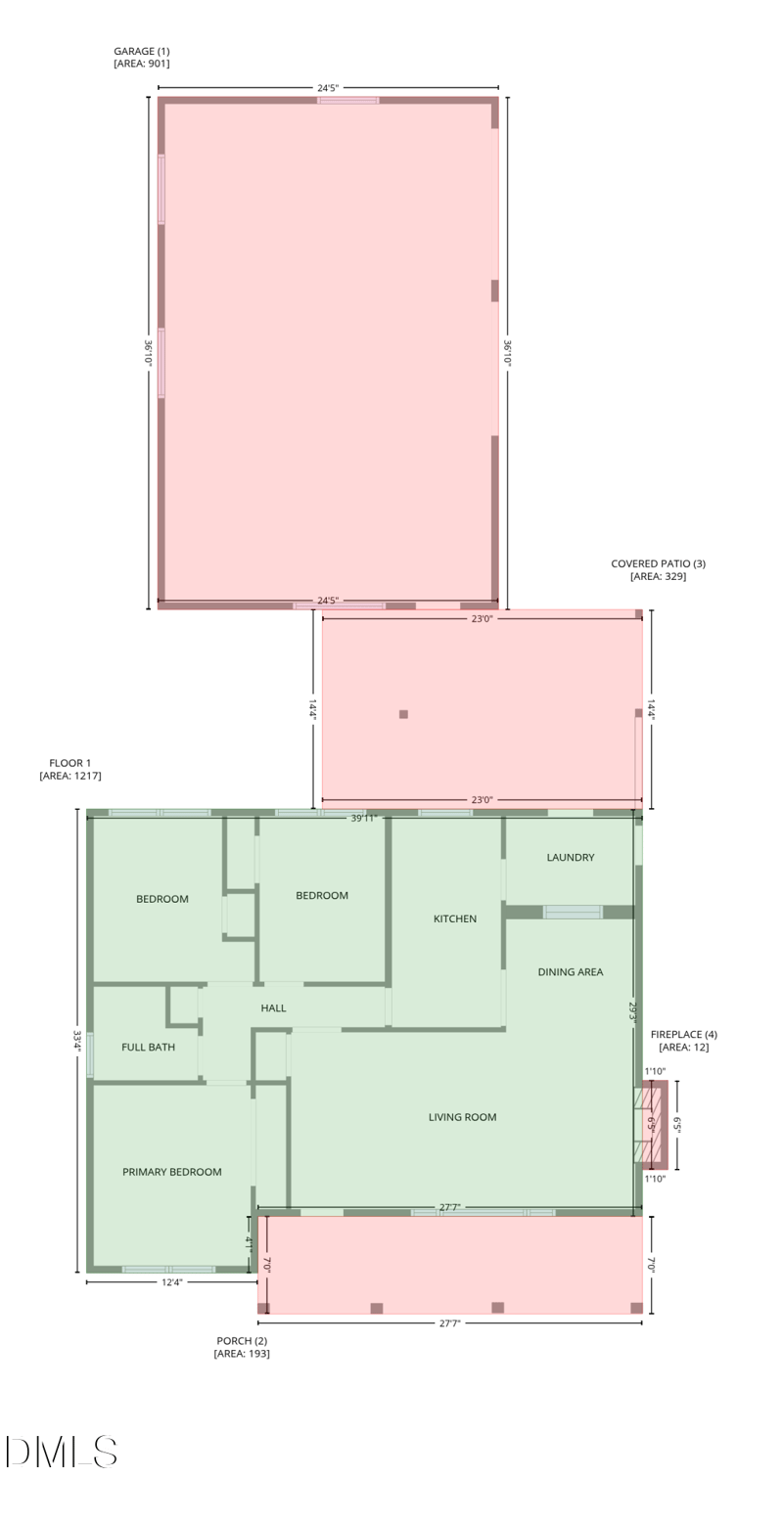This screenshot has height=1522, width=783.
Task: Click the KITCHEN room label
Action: point(455,918)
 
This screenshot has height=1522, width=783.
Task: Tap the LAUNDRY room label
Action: point(571,857)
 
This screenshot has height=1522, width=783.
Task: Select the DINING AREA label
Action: point(571,971)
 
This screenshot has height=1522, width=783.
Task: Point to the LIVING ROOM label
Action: point(462,1116)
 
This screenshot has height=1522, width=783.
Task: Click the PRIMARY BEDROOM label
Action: point(172,1171)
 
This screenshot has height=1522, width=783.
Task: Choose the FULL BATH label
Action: point(149,1047)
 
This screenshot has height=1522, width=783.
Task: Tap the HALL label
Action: point(274,1007)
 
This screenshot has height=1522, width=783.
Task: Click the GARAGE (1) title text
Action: point(142,51)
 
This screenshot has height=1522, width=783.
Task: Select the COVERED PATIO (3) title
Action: point(658,563)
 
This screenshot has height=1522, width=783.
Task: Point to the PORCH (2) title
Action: point(242,1340)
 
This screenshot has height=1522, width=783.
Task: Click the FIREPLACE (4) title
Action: point(684,1034)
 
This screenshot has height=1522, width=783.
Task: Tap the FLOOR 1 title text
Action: point(70,763)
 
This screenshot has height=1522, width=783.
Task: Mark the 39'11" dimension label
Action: point(364,818)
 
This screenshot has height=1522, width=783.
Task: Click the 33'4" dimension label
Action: point(77,1040)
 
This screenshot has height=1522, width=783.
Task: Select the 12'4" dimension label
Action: point(171,1281)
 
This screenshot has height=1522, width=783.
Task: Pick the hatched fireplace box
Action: point(652,1125)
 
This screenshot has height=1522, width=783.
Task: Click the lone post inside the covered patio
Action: point(403,714)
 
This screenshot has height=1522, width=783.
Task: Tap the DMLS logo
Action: point(62,1452)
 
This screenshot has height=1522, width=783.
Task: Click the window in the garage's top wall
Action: point(347,100)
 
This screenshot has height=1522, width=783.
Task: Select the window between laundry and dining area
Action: point(573,912)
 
